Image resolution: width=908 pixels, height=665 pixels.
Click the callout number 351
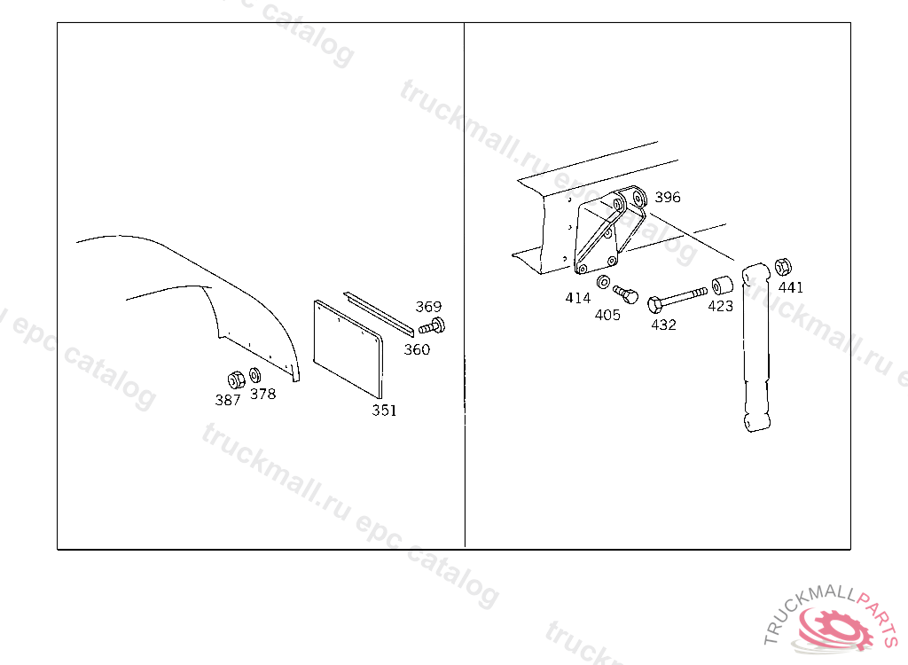pyautogui.click(x=385, y=411)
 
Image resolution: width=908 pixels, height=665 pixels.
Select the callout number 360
pyautogui.click(x=417, y=349)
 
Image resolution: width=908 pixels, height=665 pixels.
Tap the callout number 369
pyautogui.click(x=428, y=307)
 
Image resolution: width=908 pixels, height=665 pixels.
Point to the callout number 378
pyautogui.click(x=262, y=394)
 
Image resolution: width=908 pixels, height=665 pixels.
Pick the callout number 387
pyautogui.click(x=228, y=400)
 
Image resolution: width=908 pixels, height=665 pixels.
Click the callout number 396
pyautogui.click(x=668, y=197)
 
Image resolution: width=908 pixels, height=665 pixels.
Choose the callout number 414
pyautogui.click(x=578, y=298)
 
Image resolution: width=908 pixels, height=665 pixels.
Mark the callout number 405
pyautogui.click(x=607, y=315)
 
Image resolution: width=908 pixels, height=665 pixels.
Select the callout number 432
pyautogui.click(x=663, y=325)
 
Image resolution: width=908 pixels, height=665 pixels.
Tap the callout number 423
pyautogui.click(x=720, y=306)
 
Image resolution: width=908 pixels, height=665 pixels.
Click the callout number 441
pyautogui.click(x=791, y=287)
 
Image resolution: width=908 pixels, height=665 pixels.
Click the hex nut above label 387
pyautogui.click(x=236, y=380)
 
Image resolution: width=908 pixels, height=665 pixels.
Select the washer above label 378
pyautogui.click(x=254, y=375)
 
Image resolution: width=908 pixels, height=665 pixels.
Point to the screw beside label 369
pyautogui.click(x=432, y=326)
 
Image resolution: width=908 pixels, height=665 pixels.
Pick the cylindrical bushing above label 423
pyautogui.click(x=722, y=286)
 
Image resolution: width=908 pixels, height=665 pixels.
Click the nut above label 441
pyautogui.click(x=783, y=267)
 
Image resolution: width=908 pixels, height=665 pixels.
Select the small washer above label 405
pyautogui.click(x=603, y=282)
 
